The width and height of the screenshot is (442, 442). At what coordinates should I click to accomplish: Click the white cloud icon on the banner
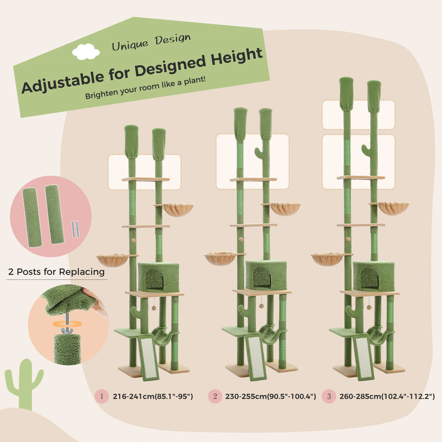[x=86, y=52]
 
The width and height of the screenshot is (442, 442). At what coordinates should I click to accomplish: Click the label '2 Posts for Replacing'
[x=56, y=272]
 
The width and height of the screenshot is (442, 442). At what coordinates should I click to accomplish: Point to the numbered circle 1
[x=101, y=396]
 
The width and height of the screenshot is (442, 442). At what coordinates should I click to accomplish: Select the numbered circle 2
[x=215, y=396]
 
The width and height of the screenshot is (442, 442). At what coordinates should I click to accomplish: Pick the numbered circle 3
[x=328, y=396]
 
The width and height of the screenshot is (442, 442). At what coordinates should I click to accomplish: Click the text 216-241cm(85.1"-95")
[x=153, y=396]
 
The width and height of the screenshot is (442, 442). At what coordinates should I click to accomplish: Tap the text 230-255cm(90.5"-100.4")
[x=271, y=396]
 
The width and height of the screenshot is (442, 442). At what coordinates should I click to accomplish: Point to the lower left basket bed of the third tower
[x=327, y=259]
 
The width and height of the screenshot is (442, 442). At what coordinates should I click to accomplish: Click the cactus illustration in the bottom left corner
[x=25, y=382]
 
